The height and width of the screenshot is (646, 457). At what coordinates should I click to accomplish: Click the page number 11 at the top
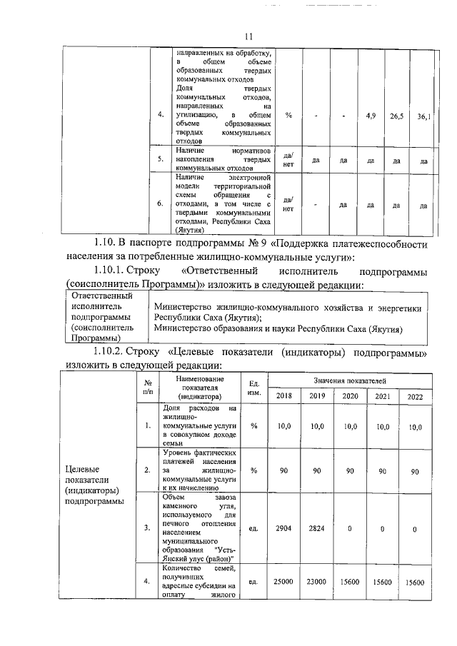pos(248,37)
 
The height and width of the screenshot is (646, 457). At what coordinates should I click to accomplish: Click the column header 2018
pos(283,396)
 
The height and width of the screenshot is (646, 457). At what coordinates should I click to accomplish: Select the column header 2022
pos(415,397)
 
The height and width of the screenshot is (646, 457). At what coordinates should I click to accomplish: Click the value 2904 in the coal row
pos(283,528)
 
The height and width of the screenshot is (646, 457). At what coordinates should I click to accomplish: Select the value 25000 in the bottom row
pos(283,582)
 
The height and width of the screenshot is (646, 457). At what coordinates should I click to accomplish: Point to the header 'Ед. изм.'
pos(253,389)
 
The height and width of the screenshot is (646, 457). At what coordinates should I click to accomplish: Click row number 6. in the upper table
pos(161,205)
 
